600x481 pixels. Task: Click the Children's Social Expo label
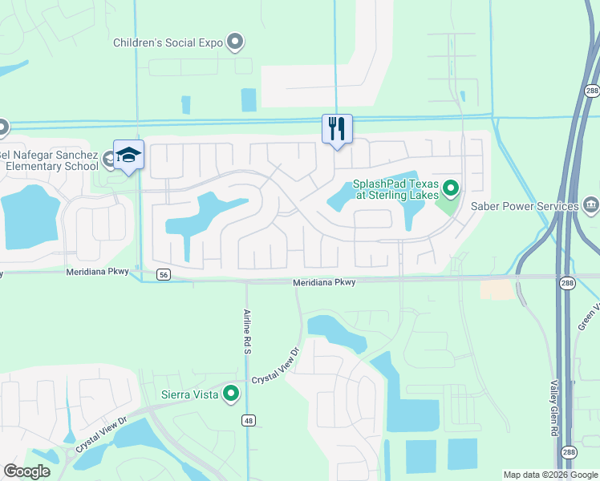click(x=168, y=42)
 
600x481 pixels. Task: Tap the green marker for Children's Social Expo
click(x=235, y=42)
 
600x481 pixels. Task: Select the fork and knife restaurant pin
click(x=337, y=128)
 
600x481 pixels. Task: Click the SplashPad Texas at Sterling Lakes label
click(x=395, y=188)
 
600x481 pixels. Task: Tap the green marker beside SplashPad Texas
click(x=451, y=189)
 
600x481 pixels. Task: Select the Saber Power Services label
click(x=529, y=206)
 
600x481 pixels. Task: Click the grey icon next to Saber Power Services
click(x=591, y=206)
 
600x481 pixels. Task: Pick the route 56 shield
click(x=164, y=274)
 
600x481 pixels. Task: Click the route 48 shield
click(x=249, y=420)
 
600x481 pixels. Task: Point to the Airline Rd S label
click(x=248, y=332)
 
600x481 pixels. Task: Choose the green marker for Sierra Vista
click(x=231, y=393)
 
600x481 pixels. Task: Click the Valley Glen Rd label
click(x=554, y=409)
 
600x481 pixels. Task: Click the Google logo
click(x=26, y=471)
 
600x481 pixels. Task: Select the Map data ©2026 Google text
click(x=549, y=475)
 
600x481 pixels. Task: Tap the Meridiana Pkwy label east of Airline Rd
click(x=324, y=282)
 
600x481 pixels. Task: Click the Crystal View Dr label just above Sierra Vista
click(x=275, y=367)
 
